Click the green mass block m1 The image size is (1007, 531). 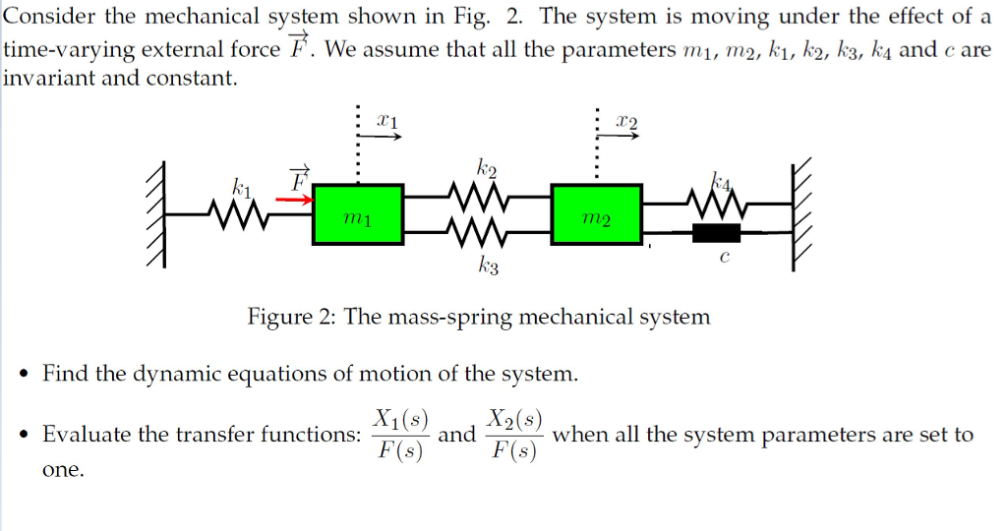pyautogui.click(x=358, y=214)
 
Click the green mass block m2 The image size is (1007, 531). pyautogui.click(x=599, y=214)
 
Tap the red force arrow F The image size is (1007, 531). pyautogui.click(x=292, y=200)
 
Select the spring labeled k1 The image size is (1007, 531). pyautogui.click(x=237, y=208)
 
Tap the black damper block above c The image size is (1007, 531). pyautogui.click(x=716, y=234)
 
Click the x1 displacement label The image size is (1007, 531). pyautogui.click(x=387, y=120)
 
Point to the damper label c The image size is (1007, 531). pyautogui.click(x=724, y=259)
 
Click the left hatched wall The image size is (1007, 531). pyautogui.click(x=154, y=216)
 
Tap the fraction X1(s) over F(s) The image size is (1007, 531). pyautogui.click(x=398, y=434)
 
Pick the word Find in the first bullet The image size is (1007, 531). pyautogui.click(x=66, y=374)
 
